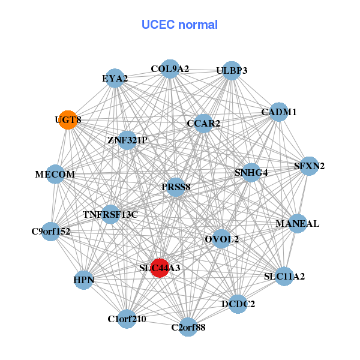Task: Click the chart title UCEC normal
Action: pyautogui.click(x=179, y=25)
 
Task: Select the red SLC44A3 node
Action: pyautogui.click(x=160, y=268)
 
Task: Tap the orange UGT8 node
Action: pyautogui.click(x=68, y=120)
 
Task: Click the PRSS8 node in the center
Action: pyautogui.click(x=176, y=187)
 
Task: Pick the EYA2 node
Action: pyautogui.click(x=115, y=79)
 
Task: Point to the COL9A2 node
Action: pyautogui.click(x=170, y=69)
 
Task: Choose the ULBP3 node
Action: pyautogui.click(x=232, y=71)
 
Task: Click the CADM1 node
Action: pyautogui.click(x=278, y=112)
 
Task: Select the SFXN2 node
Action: pyautogui.click(x=308, y=166)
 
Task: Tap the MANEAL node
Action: pyautogui.click(x=298, y=224)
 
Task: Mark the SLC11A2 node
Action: pyautogui.click(x=284, y=277)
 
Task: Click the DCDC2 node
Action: pyautogui.click(x=238, y=304)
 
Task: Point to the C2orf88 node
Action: pyautogui.click(x=188, y=327)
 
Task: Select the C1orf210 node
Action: pyautogui.click(x=127, y=319)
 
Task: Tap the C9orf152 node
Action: pyautogui.click(x=51, y=231)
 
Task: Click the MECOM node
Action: pyautogui.click(x=55, y=175)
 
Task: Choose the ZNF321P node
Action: pyautogui.click(x=127, y=140)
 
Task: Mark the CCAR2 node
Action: pyautogui.click(x=203, y=124)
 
